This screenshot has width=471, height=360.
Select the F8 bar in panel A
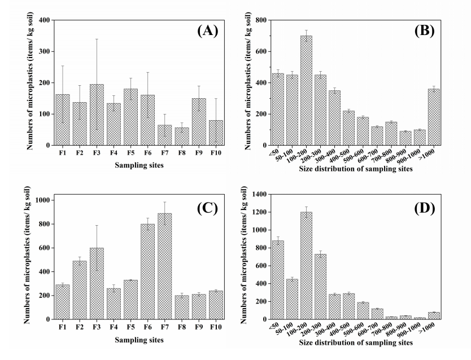click(x=181, y=136)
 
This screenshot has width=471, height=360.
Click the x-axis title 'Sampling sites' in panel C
click(x=139, y=340)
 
